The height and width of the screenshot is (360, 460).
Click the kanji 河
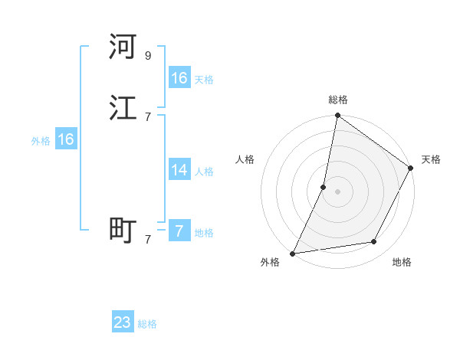coord(123,47)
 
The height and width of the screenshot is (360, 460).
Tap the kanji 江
coord(123,108)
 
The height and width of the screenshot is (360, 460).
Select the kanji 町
coord(123,230)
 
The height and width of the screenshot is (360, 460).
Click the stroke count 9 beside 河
coord(148,56)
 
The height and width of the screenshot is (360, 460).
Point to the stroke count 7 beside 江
coord(148,116)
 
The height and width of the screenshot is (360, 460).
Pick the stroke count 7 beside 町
coord(148,239)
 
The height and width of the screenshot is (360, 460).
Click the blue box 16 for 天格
coord(179,78)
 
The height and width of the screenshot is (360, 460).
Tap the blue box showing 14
coord(179,170)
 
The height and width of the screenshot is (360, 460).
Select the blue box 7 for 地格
coord(179,231)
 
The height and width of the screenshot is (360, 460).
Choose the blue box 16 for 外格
coord(66,139)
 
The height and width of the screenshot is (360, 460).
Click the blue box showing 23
coord(123,322)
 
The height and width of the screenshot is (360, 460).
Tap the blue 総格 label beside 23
coord(147,324)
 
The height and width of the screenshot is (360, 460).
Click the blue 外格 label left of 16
coord(41,141)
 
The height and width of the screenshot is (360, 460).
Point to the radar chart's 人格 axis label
coord(245,159)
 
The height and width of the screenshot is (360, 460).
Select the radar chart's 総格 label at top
coord(338,100)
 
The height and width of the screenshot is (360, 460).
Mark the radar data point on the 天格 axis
coord(411,169)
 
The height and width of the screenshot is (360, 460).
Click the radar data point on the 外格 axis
coord(293,254)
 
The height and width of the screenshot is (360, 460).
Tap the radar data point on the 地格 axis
coord(374,242)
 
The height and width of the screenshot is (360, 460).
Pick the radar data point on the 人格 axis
coord(324,187)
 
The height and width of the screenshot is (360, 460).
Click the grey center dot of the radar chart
coord(338,191)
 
